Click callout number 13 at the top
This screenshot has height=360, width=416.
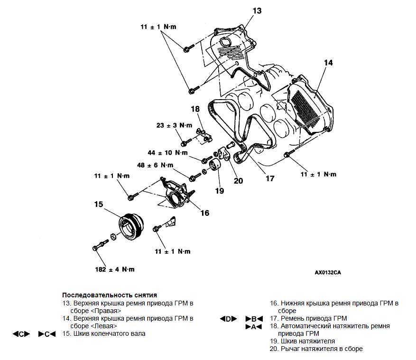click(x=257, y=10)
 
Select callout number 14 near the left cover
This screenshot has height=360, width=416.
click(x=329, y=63)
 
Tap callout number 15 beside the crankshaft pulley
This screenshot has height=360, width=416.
click(x=98, y=205)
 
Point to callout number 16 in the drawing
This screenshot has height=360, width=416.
click(x=204, y=213)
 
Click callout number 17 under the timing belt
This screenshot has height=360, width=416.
click(x=270, y=179)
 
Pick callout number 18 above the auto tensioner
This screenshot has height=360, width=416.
click(x=196, y=110)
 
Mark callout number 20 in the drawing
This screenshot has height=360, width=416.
click(x=238, y=180)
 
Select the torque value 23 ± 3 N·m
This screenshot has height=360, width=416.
click(x=174, y=126)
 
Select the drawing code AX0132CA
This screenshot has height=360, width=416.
click(x=328, y=273)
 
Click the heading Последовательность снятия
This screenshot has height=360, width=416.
click(x=110, y=295)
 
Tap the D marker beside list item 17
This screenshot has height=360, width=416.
click(x=228, y=318)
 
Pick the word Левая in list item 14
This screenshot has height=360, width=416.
click(x=105, y=326)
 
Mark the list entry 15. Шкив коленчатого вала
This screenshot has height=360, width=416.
click(x=104, y=333)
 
